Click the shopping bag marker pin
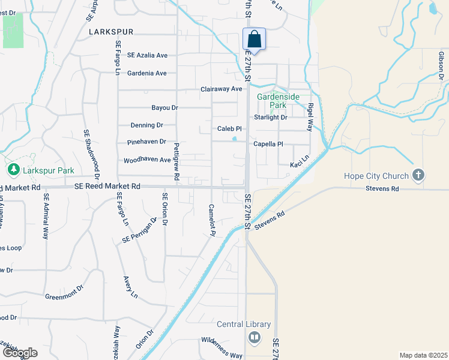(254, 40)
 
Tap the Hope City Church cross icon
(419, 176)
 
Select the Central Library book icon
(255, 338)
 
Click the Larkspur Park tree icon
(13, 170)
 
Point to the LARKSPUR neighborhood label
(110, 31)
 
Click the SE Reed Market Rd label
(107, 187)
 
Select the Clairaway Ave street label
(221, 89)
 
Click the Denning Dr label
(146, 125)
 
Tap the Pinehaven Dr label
(146, 142)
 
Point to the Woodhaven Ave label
(147, 160)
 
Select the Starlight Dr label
(271, 118)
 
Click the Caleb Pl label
(229, 129)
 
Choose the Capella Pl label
(268, 144)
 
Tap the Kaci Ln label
(299, 164)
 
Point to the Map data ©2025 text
(424, 355)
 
